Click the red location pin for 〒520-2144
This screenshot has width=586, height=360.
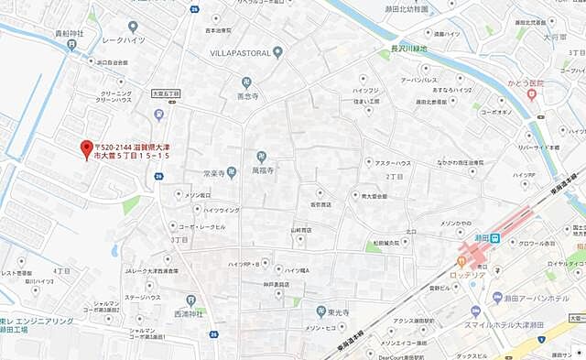tap(87, 148)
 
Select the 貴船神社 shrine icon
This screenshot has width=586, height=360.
tap(71, 44)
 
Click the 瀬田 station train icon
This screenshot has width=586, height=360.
tap(493, 238)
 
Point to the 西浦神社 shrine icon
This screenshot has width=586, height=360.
tap(190, 300)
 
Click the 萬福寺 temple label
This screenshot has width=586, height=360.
tap(266, 169)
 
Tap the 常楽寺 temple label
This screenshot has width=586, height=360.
tap(213, 172)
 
